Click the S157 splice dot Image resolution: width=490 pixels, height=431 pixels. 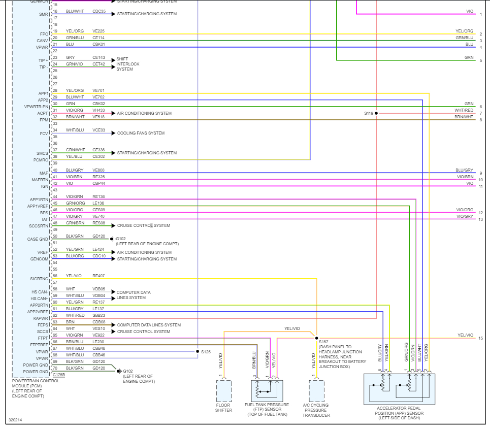(316, 338)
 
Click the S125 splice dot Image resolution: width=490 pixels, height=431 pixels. (198, 351)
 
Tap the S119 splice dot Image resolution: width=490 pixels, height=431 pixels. (376, 113)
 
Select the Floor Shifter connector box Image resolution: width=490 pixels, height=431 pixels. (224, 390)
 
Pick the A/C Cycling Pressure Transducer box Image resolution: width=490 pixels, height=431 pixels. (316, 390)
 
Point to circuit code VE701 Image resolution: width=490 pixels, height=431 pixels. (99, 90)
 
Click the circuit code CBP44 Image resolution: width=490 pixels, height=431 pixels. (99, 183)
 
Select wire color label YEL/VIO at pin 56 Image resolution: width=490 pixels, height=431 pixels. (74, 276)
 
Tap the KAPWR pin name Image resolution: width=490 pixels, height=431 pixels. (41, 318)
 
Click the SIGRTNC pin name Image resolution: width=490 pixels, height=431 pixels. (39, 279)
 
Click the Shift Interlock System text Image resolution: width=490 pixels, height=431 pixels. (127, 64)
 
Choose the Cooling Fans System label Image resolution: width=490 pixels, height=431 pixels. (141, 133)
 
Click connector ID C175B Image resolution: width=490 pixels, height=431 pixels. (58, 375)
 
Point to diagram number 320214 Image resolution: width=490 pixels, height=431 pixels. (15, 420)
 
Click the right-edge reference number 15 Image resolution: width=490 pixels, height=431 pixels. (480, 338)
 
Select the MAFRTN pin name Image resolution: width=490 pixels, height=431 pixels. (39, 180)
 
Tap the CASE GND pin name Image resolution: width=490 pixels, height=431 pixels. (38, 239)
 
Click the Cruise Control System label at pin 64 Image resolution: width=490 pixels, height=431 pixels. (144, 331)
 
